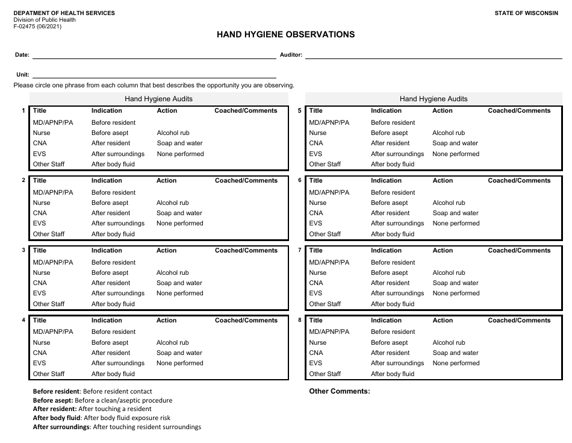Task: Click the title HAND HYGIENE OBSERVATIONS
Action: (285, 34)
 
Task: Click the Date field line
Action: (154, 56)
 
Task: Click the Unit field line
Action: (154, 76)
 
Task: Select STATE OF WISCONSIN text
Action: (526, 13)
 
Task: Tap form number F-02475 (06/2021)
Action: (39, 27)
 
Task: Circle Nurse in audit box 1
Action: (42, 133)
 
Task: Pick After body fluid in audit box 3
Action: (113, 304)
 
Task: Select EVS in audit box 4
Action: (39, 363)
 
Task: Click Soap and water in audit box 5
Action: (455, 143)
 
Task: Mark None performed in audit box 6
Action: (456, 224)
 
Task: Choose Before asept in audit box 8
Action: (389, 343)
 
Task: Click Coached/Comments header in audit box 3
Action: (246, 251)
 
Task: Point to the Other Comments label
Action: (339, 392)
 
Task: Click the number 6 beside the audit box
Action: (300, 180)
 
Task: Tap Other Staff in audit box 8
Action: (325, 374)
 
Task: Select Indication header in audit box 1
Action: (107, 111)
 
